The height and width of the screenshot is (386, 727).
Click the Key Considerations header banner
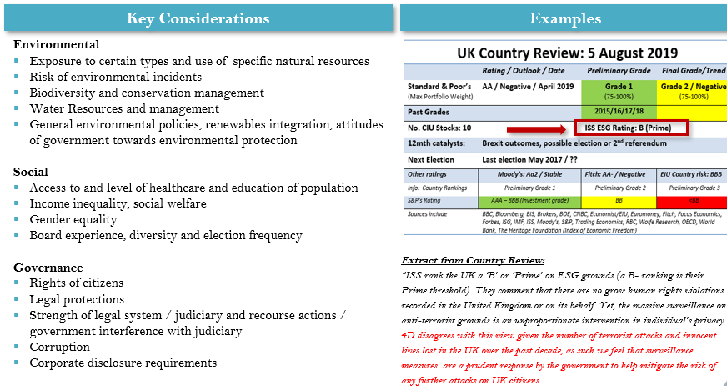tap(198, 18)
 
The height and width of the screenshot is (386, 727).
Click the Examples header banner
tap(564, 18)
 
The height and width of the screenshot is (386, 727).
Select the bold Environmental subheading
tap(57, 44)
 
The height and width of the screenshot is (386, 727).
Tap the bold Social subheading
tap(31, 172)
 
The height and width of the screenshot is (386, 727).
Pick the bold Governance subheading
tap(48, 268)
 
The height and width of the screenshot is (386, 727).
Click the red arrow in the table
tap(539, 129)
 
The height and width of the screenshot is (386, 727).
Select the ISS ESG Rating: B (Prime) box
tap(631, 128)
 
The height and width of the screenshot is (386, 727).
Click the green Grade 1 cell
tap(619, 90)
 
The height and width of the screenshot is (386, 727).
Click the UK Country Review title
tap(567, 53)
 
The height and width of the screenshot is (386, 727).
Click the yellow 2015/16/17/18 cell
tap(619, 112)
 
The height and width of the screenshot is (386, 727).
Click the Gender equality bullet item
tap(73, 219)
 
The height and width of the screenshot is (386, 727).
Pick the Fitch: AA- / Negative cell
tap(619, 175)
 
